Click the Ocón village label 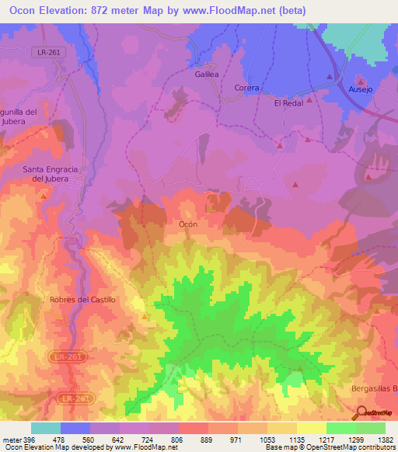pos(188,223)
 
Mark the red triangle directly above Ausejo pos(361,79)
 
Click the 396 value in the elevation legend pos(24,439)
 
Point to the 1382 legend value pos(385,439)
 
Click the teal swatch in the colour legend pos(46,428)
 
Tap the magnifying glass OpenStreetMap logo pos(360,412)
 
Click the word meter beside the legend pos(9,439)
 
